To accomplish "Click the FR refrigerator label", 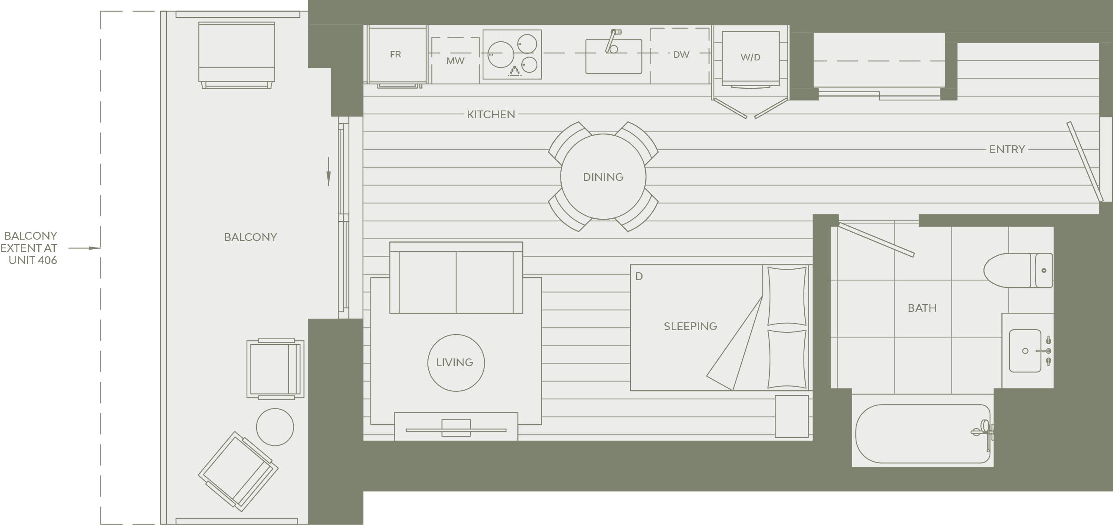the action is click(x=395, y=54).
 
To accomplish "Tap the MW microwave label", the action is click(x=455, y=61).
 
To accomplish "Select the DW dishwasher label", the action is click(x=681, y=55).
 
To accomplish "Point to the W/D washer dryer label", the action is click(x=750, y=57).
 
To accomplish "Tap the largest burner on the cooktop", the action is click(x=500, y=55).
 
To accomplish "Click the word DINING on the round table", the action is click(x=603, y=177).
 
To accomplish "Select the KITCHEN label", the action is click(x=491, y=114).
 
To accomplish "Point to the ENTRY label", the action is click(x=1007, y=149).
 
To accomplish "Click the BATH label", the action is click(x=922, y=308).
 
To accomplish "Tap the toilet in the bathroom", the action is click(x=1018, y=270).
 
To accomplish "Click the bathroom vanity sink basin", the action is click(x=1026, y=351).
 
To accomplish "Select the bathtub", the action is click(x=923, y=434).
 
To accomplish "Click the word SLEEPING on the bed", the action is click(x=690, y=326).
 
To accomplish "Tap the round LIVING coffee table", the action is click(x=456, y=363).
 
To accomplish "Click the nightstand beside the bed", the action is click(x=792, y=416).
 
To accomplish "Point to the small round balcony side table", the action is click(x=275, y=427).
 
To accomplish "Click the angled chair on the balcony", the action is click(x=238, y=471).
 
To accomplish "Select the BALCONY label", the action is click(x=250, y=237).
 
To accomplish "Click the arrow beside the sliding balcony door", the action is click(x=329, y=171).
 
